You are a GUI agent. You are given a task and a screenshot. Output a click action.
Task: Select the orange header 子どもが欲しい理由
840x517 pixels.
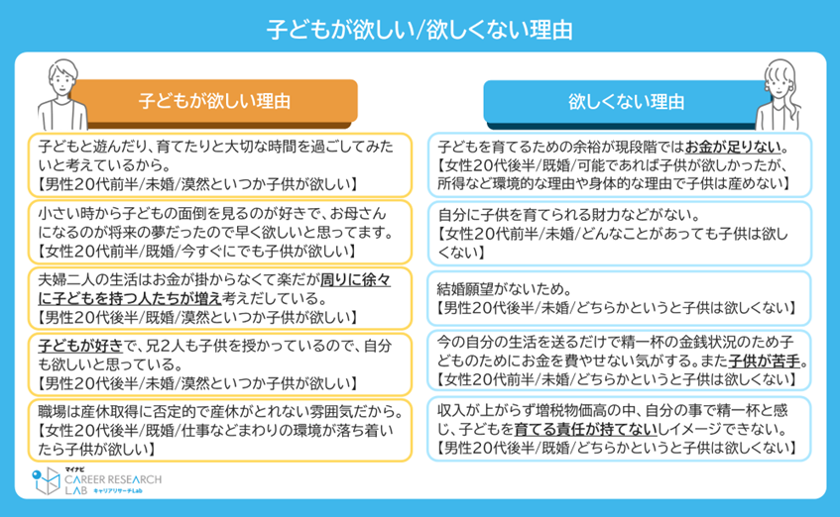click(x=214, y=100)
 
